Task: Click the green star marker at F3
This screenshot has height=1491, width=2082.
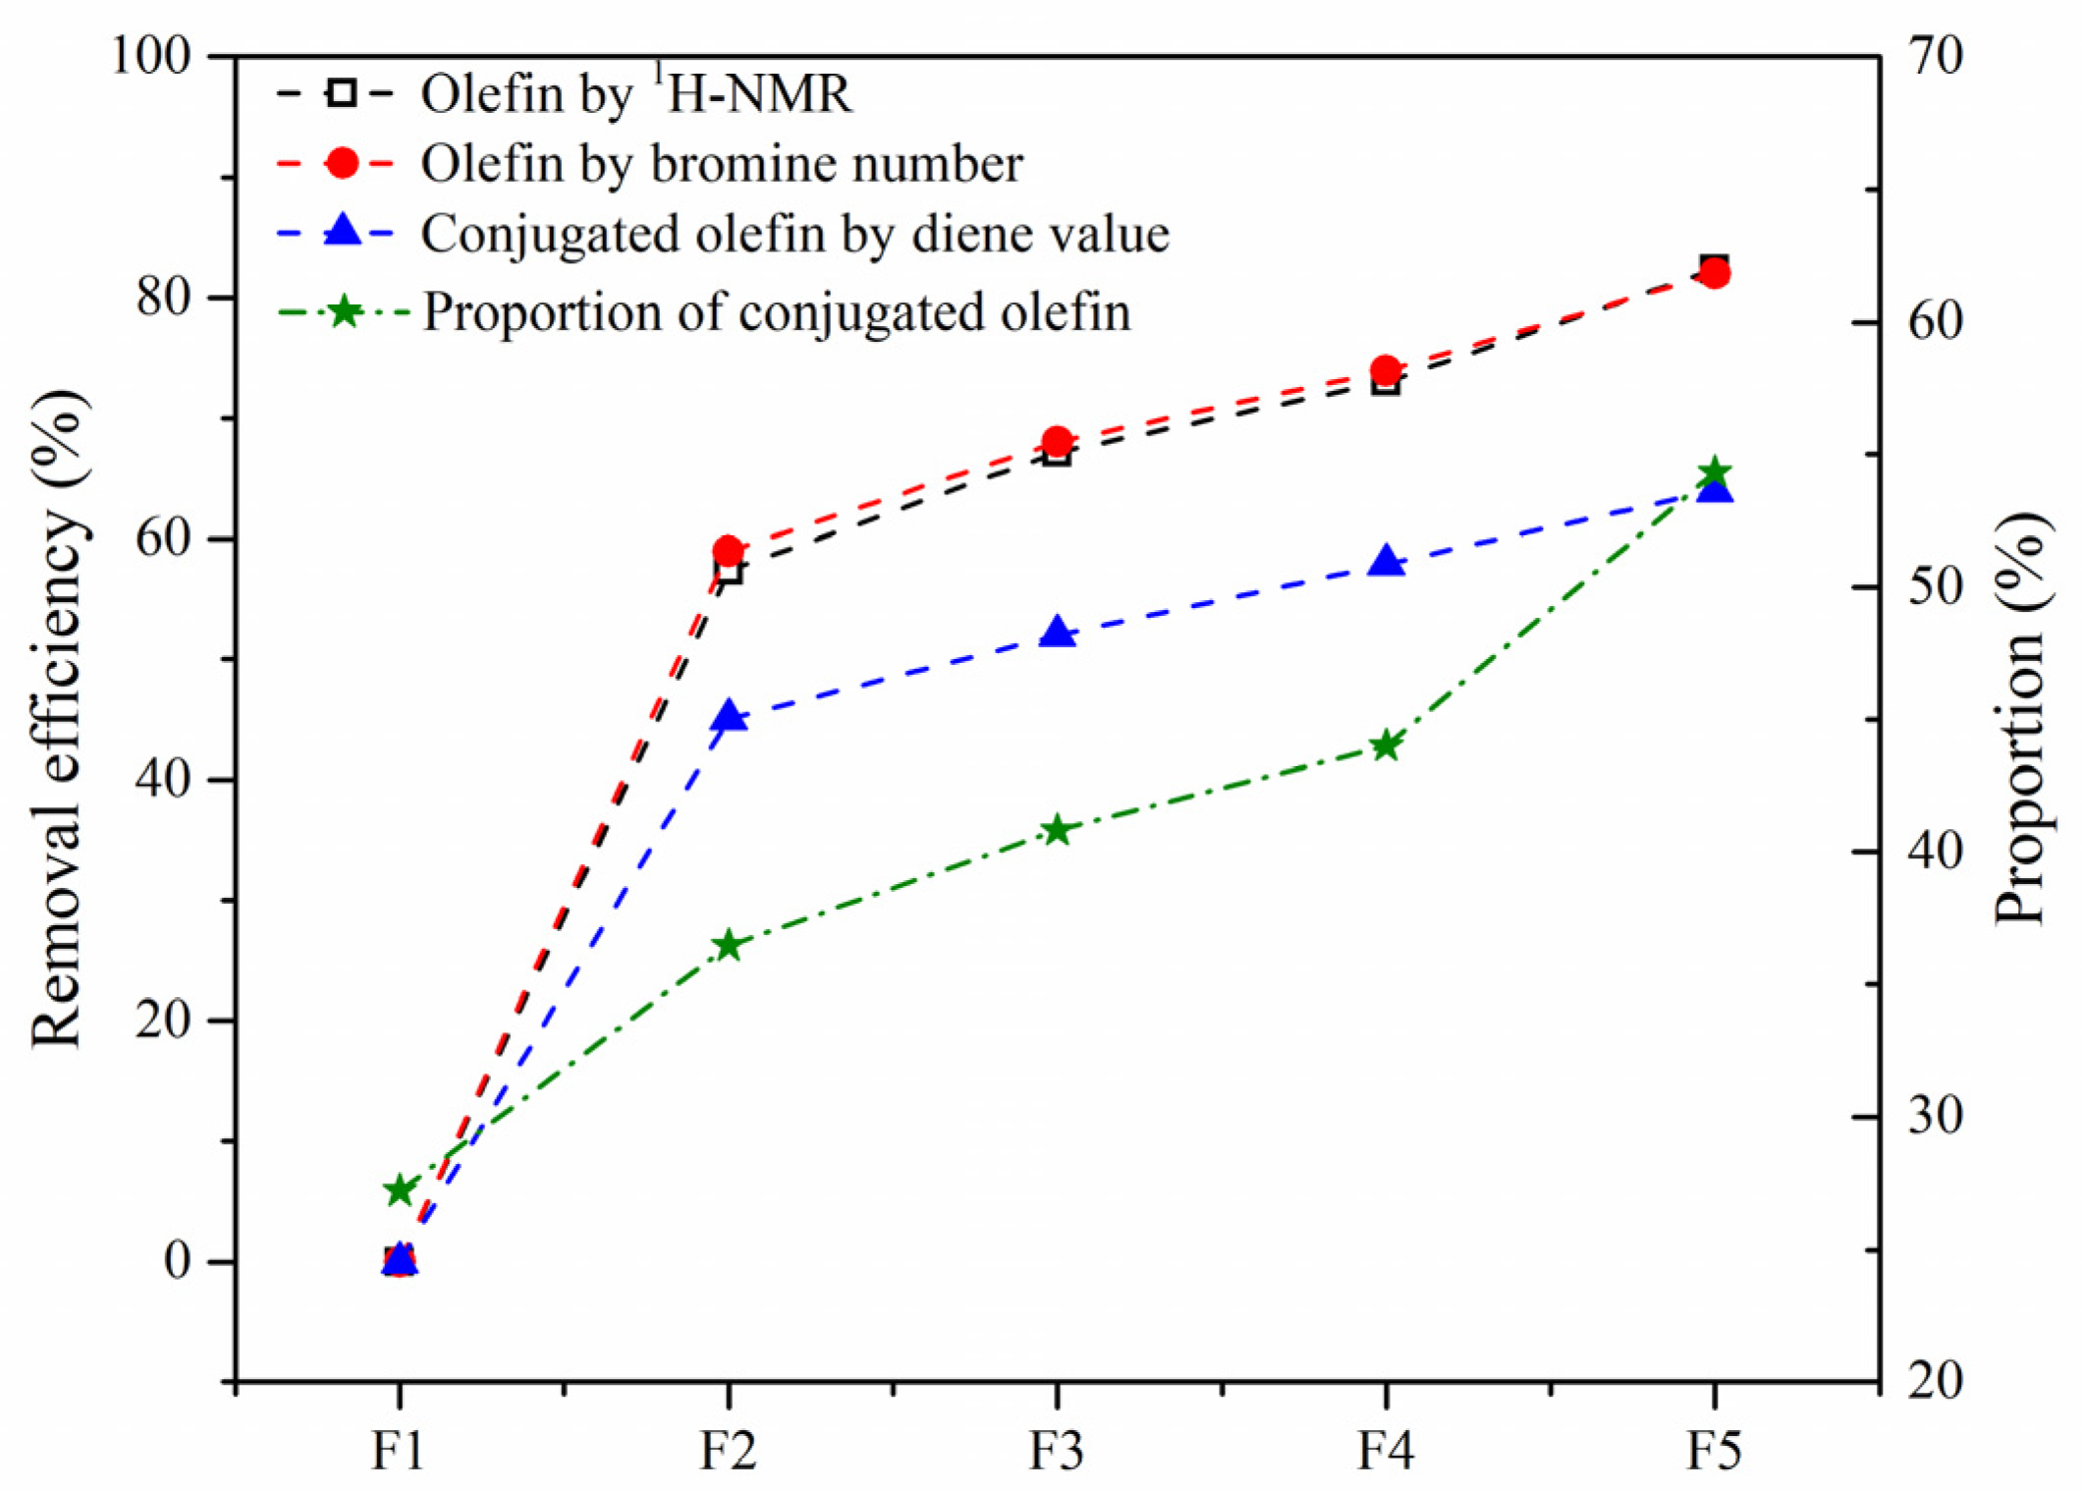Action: click(1057, 830)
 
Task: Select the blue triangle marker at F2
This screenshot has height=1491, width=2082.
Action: click(729, 716)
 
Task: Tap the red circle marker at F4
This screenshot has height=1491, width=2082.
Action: click(1386, 371)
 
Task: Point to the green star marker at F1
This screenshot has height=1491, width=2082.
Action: click(399, 1190)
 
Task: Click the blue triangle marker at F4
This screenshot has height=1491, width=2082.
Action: click(1386, 562)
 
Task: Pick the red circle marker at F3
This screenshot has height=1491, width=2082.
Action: click(1057, 441)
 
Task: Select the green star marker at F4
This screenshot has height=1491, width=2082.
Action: click(1386, 745)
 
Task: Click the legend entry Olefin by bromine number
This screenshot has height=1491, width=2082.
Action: click(722, 163)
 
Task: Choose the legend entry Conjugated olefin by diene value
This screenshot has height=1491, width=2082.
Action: click(794, 234)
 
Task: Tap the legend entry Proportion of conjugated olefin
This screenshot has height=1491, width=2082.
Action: click(776, 312)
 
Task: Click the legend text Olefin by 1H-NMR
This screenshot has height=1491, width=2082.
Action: click(636, 94)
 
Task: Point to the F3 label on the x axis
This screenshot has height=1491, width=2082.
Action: click(1057, 1450)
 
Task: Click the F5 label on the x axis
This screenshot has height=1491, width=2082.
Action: click(1715, 1450)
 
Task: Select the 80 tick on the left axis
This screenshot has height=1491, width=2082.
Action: click(164, 297)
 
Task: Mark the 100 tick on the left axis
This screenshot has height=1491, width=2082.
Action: click(150, 56)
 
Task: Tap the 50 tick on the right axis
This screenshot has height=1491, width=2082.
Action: click(1935, 587)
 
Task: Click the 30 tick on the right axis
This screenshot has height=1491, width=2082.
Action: click(1935, 1116)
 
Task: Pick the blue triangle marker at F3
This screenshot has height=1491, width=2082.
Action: click(1057, 633)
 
